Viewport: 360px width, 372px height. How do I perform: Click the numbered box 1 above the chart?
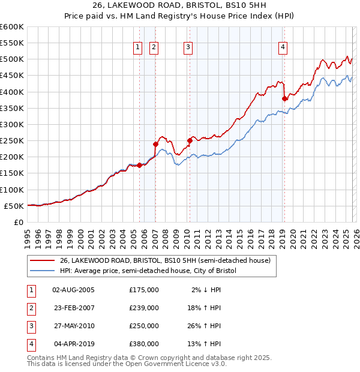click(x=138, y=47)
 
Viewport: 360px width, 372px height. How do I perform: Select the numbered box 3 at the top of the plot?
click(x=188, y=47)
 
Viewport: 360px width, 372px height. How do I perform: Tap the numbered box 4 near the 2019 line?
click(x=282, y=47)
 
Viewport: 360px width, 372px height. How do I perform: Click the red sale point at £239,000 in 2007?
click(x=155, y=144)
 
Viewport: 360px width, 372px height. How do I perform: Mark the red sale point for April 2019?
click(x=284, y=99)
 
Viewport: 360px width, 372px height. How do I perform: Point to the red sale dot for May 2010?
click(x=190, y=141)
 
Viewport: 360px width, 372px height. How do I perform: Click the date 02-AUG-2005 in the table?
click(x=74, y=290)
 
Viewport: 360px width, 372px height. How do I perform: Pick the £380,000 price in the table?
click(x=144, y=344)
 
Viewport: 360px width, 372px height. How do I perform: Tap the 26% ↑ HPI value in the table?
click(x=204, y=326)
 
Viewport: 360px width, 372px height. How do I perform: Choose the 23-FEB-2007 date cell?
click(x=74, y=308)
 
